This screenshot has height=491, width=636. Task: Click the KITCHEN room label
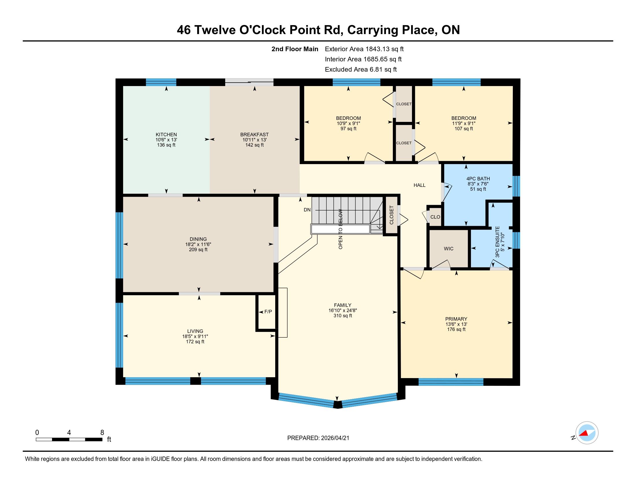coord(166,134)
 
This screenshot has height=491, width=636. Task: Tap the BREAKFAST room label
coord(254,134)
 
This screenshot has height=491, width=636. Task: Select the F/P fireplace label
coord(268,312)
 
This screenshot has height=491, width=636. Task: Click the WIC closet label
coord(448,249)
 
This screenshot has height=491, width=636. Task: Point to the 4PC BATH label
coord(478,178)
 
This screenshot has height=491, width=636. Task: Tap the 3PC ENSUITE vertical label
coord(498,242)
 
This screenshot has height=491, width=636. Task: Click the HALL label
coord(420,185)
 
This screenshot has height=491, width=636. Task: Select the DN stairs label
coord(307,210)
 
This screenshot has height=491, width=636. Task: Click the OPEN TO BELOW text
coord(341,229)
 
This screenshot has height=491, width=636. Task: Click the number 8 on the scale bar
coord(102,433)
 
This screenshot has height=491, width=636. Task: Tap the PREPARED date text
coord(318,438)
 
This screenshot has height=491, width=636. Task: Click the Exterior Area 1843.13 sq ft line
coord(364,49)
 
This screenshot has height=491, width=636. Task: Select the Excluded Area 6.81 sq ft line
coord(361,69)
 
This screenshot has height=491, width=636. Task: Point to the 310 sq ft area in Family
coord(343,316)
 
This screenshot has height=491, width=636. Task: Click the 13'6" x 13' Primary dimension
coord(456,324)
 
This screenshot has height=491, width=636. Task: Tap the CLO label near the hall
coord(435,217)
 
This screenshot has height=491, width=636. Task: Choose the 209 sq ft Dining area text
coord(198,250)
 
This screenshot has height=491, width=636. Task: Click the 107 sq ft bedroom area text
coord(464,129)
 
